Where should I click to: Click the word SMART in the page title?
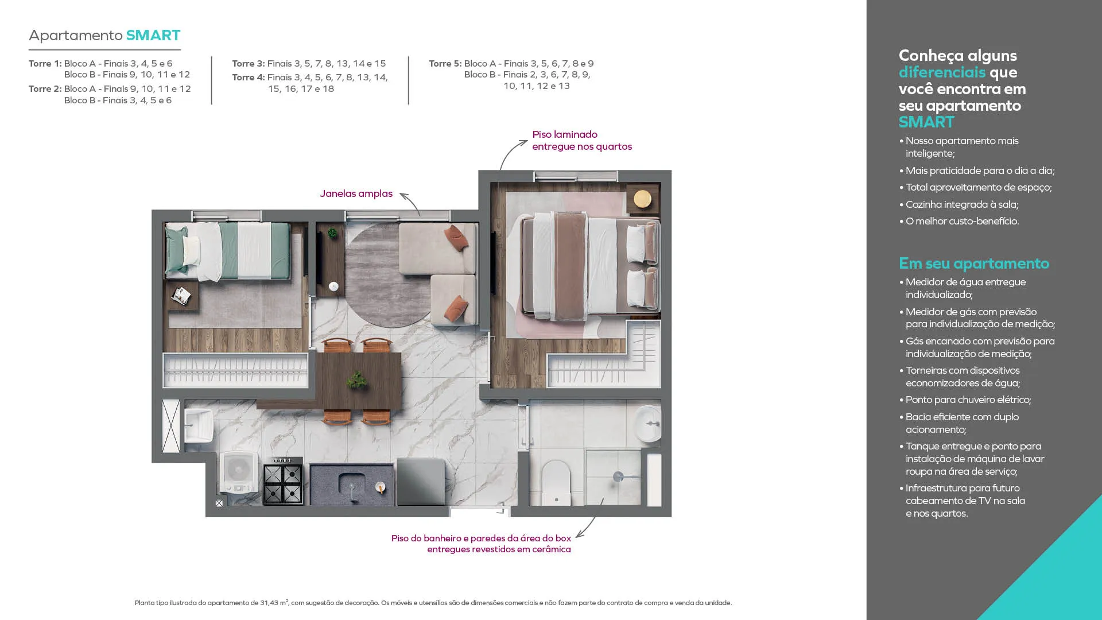[x=153, y=35]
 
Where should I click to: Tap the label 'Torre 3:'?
[x=249, y=63]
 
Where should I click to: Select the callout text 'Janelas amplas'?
[x=356, y=193]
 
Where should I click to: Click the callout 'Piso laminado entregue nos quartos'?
[x=582, y=140]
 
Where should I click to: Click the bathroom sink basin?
[x=649, y=424]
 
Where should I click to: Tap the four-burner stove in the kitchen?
[x=283, y=481]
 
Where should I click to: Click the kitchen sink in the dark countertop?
[x=352, y=485]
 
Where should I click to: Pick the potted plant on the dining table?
[x=358, y=379]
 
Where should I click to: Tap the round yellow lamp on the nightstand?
[x=643, y=199]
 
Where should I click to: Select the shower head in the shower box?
[x=618, y=476]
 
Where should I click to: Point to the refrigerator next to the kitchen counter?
[x=421, y=482]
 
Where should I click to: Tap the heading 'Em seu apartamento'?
[x=974, y=263]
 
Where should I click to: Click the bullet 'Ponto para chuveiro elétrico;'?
[x=968, y=400]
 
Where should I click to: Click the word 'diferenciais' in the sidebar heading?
[x=942, y=72]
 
